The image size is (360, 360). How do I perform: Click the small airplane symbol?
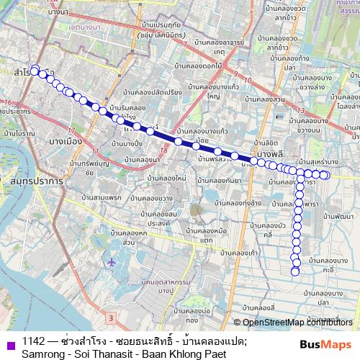[110, 261]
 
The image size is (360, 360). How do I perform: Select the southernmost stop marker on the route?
[295, 271]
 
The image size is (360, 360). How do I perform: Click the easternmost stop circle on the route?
[325, 174]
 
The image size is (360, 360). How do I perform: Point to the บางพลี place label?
[268, 156]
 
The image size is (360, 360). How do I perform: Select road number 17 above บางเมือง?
[71, 130]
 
